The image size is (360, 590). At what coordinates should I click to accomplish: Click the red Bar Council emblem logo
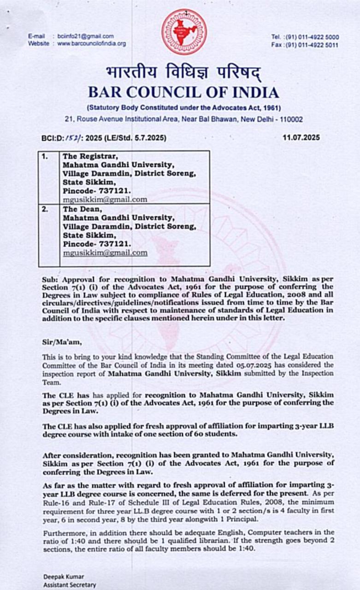(184, 31)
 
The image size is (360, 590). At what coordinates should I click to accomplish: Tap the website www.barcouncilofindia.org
(91, 43)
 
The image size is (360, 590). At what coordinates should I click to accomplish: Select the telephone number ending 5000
(312, 37)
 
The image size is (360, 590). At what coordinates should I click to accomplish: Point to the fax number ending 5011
(312, 45)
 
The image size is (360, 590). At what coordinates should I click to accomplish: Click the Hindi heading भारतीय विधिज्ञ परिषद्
(183, 73)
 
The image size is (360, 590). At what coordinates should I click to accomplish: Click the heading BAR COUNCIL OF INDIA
(183, 92)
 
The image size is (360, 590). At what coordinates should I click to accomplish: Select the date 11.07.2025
(301, 137)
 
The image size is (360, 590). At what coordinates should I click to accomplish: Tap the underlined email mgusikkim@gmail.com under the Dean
(105, 253)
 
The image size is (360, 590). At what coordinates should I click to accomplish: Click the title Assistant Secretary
(70, 584)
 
